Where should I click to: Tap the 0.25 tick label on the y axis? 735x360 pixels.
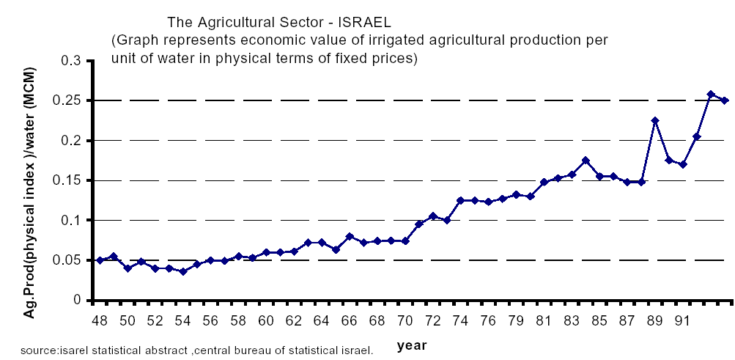click(x=68, y=100)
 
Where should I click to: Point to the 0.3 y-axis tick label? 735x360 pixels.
click(x=73, y=61)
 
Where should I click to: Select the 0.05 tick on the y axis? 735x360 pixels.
click(x=68, y=260)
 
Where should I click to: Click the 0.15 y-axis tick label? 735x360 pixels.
click(x=68, y=180)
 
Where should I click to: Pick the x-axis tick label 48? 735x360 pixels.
click(x=100, y=321)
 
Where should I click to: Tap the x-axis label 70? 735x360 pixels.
click(x=404, y=321)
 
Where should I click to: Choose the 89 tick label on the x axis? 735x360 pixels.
click(x=654, y=321)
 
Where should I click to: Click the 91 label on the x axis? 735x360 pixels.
click(x=682, y=321)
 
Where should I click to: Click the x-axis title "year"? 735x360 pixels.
click(x=413, y=345)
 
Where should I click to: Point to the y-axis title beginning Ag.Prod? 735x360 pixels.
click(x=32, y=180)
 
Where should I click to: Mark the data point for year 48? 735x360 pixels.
click(x=100, y=260)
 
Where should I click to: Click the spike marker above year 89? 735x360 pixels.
click(x=655, y=120)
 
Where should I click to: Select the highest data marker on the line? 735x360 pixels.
click(x=711, y=94)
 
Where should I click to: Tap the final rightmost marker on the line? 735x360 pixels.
click(x=725, y=100)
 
